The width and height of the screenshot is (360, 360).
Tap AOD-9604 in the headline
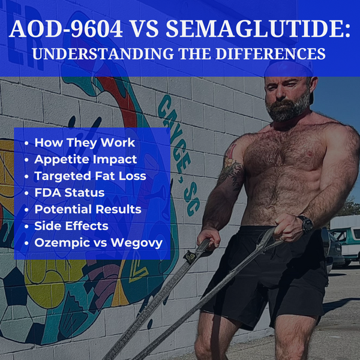[x=66, y=29]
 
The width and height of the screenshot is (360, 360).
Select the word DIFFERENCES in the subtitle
[x=271, y=53]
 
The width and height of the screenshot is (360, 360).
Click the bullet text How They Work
[x=85, y=143]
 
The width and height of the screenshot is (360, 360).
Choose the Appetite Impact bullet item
[x=86, y=160]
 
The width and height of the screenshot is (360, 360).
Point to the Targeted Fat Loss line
[x=90, y=176]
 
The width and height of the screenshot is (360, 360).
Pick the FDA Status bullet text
[x=70, y=193]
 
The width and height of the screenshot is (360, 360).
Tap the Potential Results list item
[x=88, y=209]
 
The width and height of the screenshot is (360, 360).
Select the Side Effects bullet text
[x=71, y=226]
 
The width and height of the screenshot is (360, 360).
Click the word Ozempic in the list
[x=62, y=243]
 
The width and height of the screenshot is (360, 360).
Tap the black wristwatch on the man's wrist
[x=305, y=224]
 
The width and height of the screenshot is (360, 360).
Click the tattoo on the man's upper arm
[x=231, y=166]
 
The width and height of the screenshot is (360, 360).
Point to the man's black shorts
[x=264, y=275]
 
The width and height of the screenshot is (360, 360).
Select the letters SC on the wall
[x=192, y=199]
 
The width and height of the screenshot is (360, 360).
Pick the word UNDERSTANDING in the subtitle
[x=103, y=53]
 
